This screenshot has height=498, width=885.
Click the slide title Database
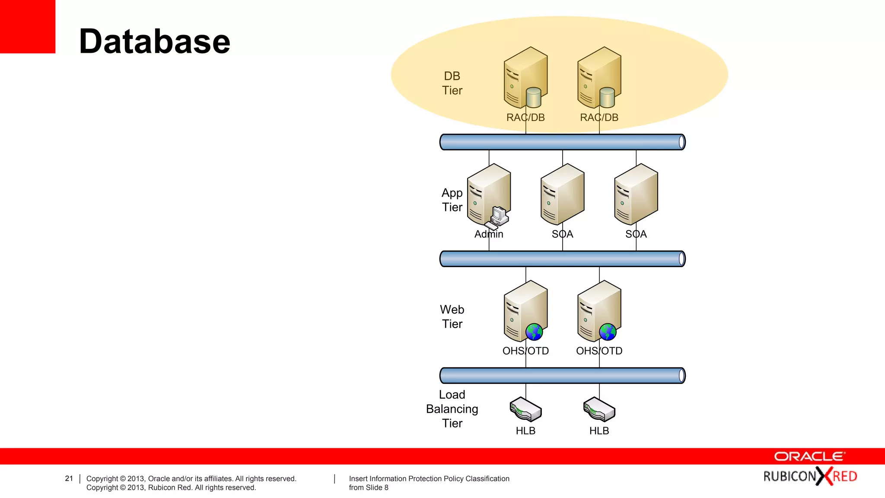coord(154,41)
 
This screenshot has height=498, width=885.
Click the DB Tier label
coord(452,83)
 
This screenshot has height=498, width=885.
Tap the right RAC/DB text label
coord(599,118)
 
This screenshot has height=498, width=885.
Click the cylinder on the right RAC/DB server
coord(607,98)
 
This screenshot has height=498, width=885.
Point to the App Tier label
coord(452,200)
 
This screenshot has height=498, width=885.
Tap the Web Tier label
coord(452,316)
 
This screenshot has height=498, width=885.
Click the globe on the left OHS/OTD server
coord(534,332)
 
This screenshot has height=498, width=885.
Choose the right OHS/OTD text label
coord(599,351)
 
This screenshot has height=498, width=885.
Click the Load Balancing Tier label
coord(452,409)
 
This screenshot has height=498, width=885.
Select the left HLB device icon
coord(525,409)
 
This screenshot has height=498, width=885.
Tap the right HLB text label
coord(599,431)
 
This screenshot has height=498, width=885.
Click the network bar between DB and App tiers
coord(562,142)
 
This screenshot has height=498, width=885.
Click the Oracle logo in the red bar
coord(809,456)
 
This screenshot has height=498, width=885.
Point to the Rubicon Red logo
coord(810,476)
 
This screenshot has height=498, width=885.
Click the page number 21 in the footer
coord(69,479)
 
